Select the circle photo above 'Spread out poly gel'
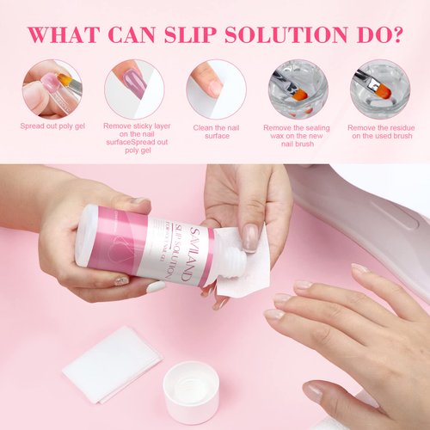[52, 89]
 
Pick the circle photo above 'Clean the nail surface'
[216, 89]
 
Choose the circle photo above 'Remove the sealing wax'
[298, 89]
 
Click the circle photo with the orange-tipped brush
[379, 89]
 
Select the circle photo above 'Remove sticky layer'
[134, 89]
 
